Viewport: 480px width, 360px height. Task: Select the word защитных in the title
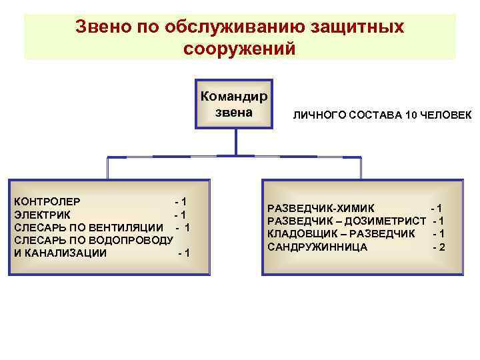point(354,26)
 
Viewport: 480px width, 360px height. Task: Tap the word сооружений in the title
point(238,49)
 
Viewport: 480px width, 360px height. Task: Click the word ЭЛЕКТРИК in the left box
point(43,214)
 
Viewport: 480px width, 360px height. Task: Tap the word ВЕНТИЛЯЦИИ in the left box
point(126,227)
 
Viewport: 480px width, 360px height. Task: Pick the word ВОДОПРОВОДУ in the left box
point(126,240)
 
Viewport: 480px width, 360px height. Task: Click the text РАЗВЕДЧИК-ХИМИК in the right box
point(321,207)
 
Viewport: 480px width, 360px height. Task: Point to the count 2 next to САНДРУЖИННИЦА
point(442,247)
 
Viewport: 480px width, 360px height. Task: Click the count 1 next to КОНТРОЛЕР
point(183,201)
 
